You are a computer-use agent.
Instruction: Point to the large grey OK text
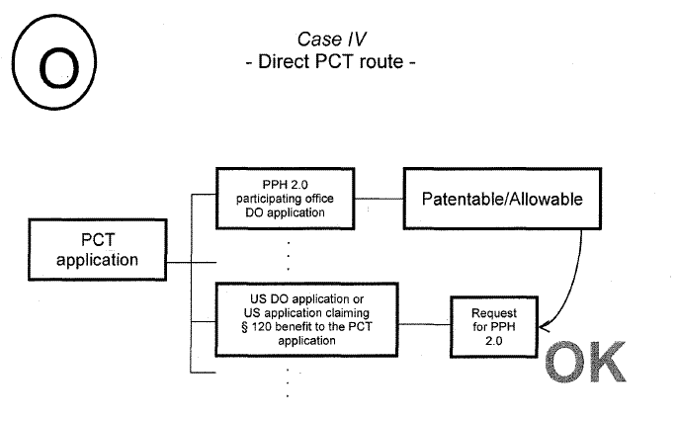(585, 362)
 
